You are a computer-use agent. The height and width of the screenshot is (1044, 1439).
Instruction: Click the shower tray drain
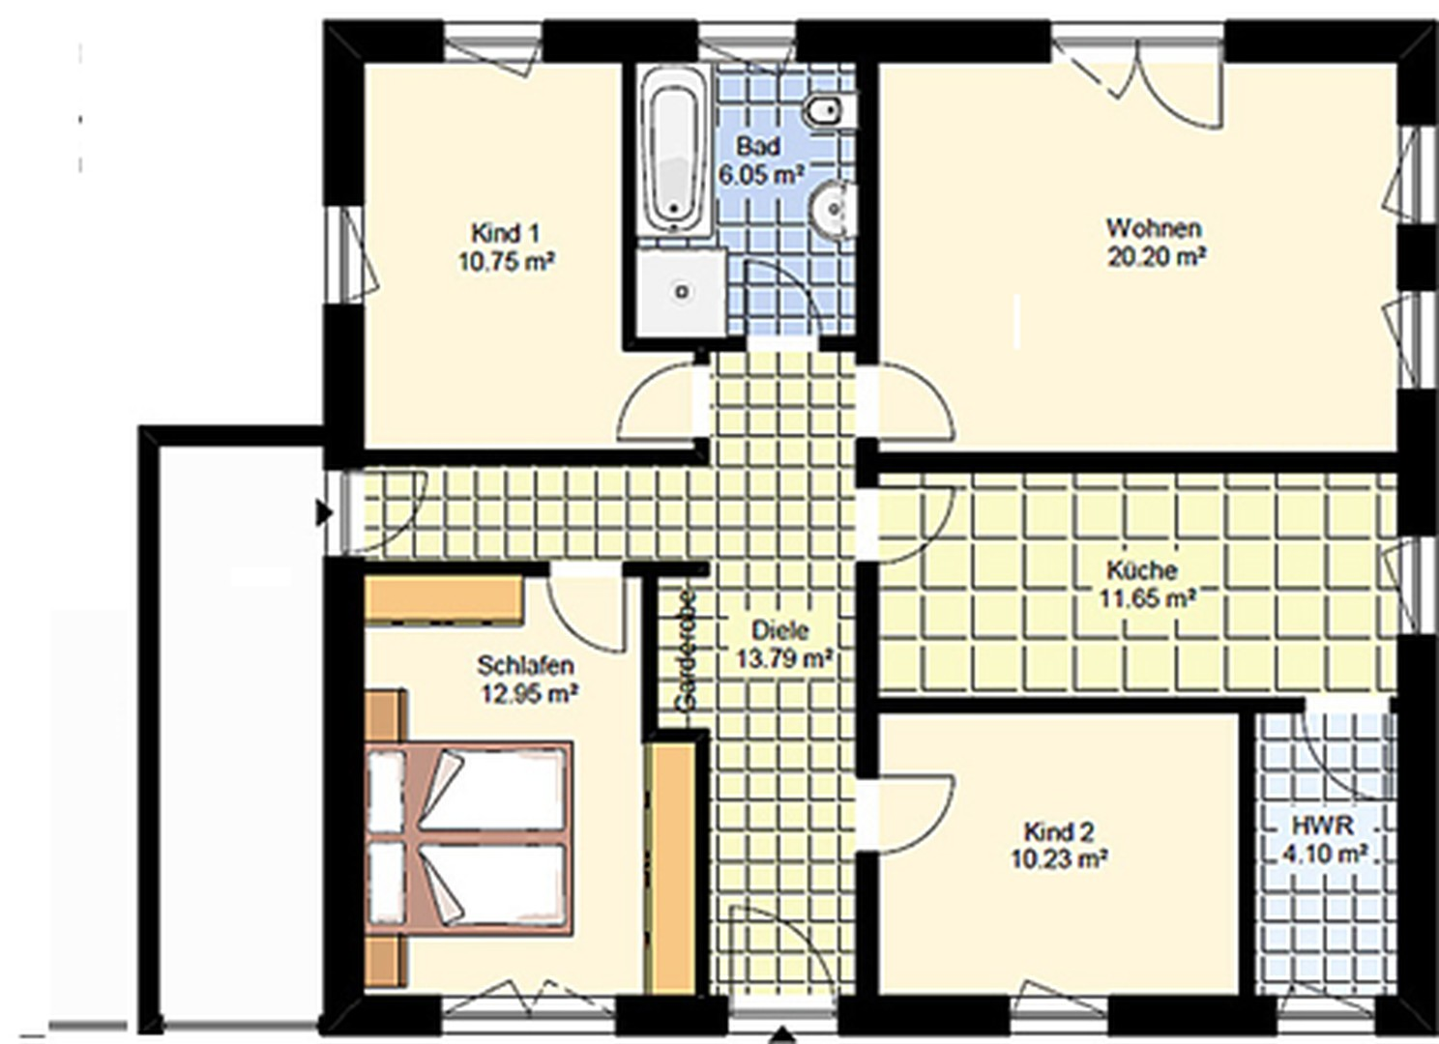pyautogui.click(x=682, y=292)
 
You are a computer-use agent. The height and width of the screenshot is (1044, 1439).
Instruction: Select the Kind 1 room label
pyautogui.click(x=506, y=246)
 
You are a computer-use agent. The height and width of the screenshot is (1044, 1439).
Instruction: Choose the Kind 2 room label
pyautogui.click(x=1058, y=844)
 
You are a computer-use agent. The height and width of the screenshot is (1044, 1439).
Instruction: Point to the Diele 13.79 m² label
pyautogui.click(x=781, y=644)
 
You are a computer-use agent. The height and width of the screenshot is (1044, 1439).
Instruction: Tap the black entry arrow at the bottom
pyautogui.click(x=782, y=1034)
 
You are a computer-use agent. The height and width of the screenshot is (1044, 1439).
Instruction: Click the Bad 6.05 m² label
pyautogui.click(x=761, y=159)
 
